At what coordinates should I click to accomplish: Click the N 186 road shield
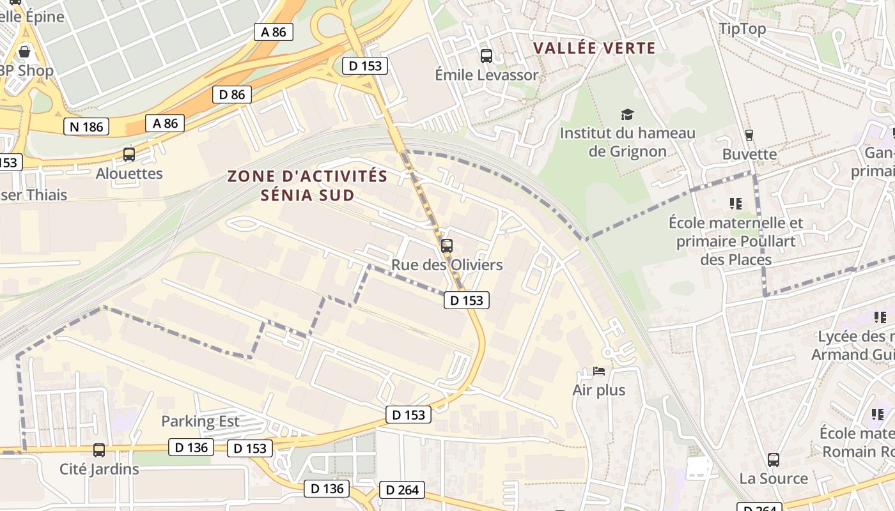click(86, 126)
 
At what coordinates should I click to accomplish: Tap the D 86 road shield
click(231, 95)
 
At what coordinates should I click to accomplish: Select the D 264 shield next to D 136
click(402, 490)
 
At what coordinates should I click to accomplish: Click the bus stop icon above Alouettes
click(129, 154)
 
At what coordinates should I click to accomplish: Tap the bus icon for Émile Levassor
click(486, 56)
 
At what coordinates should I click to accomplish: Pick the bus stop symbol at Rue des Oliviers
click(447, 245)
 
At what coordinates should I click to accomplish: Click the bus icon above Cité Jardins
click(99, 450)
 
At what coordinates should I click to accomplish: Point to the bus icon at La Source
click(774, 459)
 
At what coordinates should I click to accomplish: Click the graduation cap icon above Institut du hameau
click(627, 115)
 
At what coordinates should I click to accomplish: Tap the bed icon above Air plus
click(599, 371)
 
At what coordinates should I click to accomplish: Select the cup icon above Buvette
click(749, 135)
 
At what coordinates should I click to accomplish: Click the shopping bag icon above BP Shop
click(25, 52)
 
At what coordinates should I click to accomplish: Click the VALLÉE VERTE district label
click(595, 48)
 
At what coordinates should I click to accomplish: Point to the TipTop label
click(742, 29)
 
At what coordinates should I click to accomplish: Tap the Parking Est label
click(200, 421)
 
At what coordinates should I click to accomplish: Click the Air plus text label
click(599, 390)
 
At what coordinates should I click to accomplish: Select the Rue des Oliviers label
click(447, 264)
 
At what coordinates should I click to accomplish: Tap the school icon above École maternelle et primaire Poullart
click(736, 204)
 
